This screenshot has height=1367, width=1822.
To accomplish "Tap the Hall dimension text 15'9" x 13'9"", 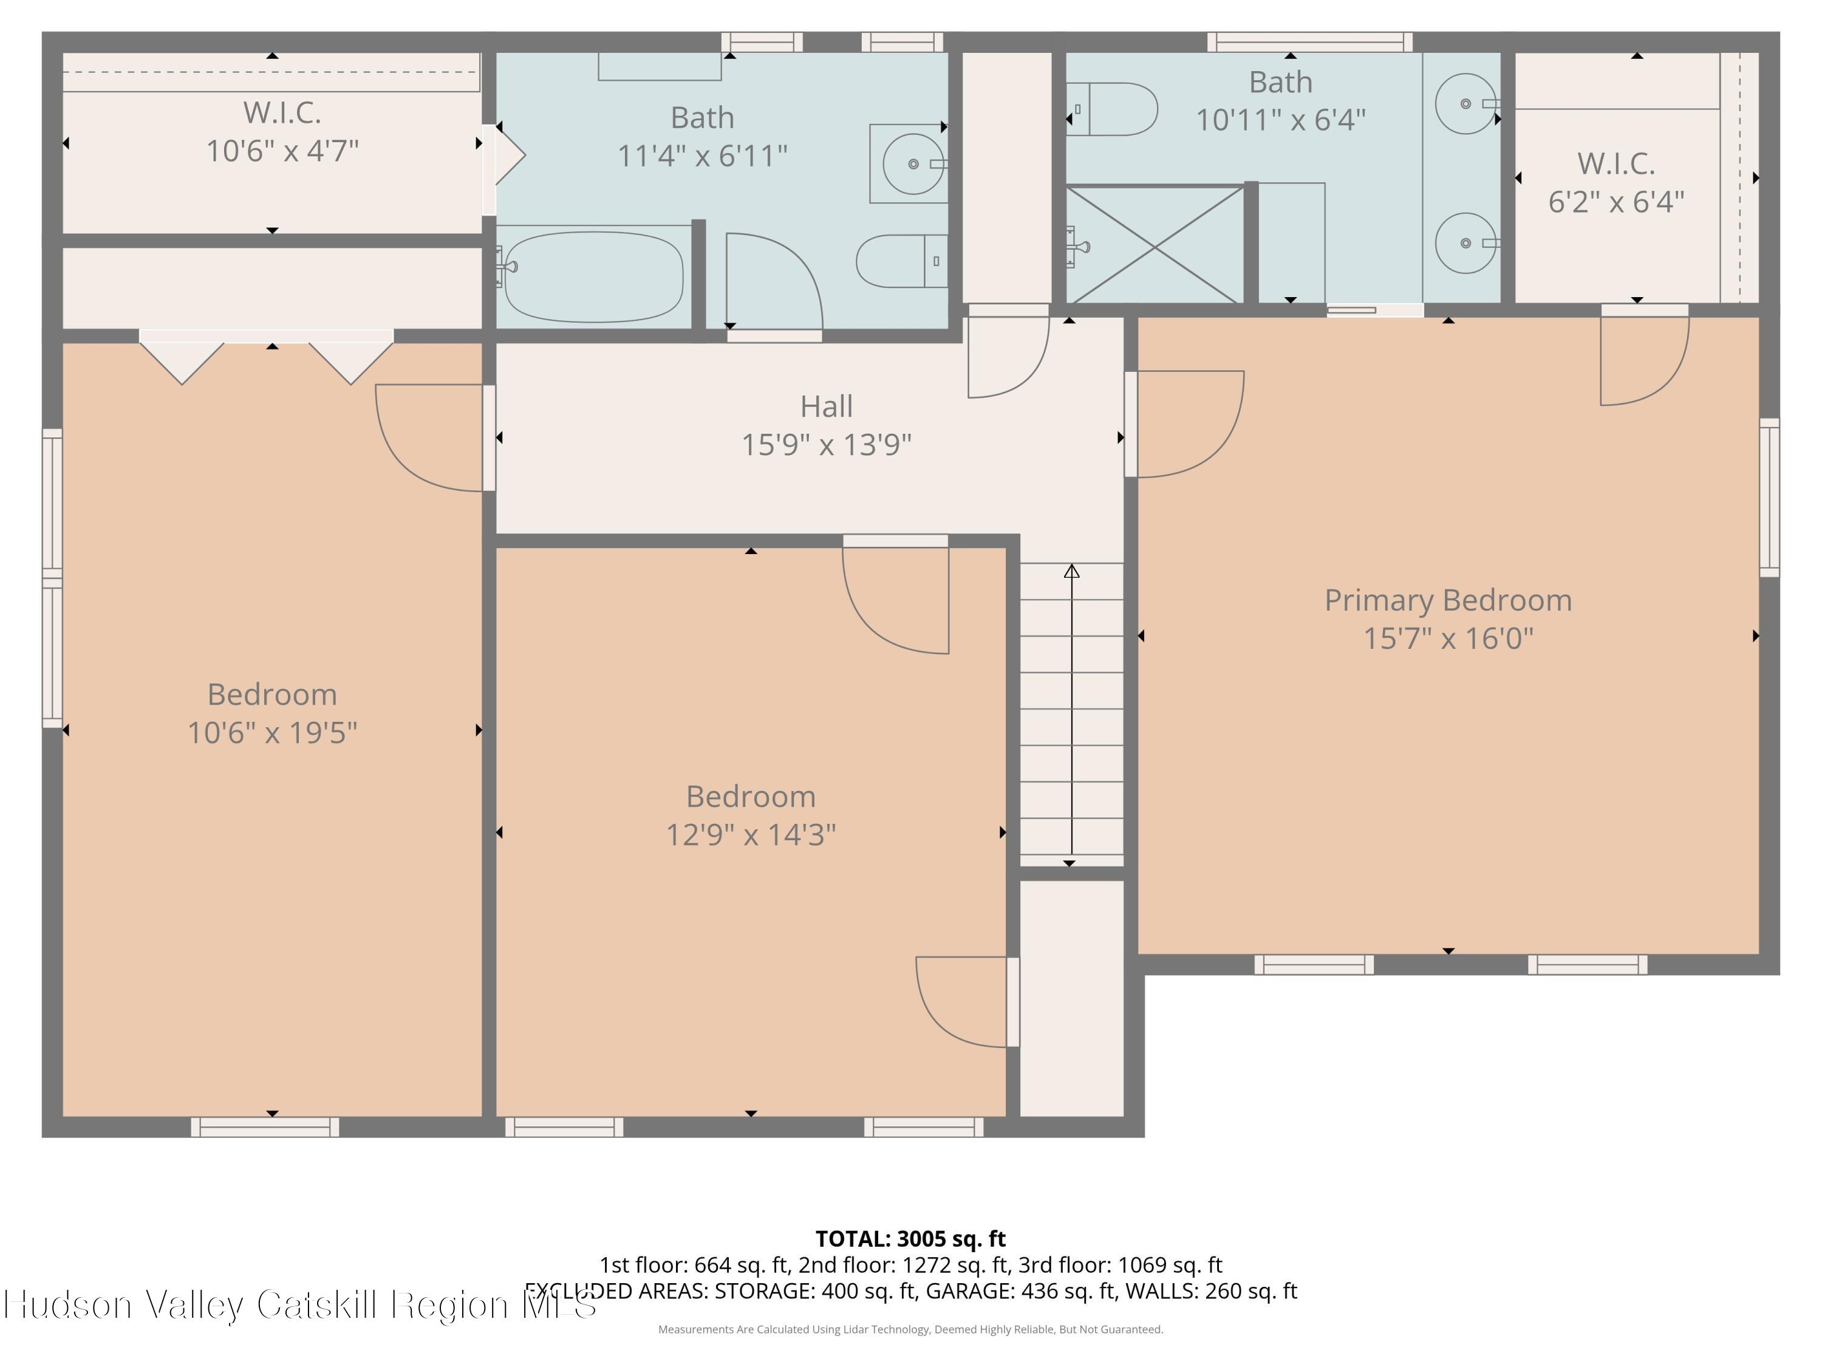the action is pyautogui.click(x=826, y=445).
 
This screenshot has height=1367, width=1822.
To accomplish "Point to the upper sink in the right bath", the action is pyautogui.click(x=1465, y=104).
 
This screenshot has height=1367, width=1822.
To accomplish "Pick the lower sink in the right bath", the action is pyautogui.click(x=1465, y=243).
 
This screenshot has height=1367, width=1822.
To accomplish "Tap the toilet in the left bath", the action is pyautogui.click(x=902, y=261).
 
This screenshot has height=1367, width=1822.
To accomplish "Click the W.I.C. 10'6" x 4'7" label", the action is pyautogui.click(x=282, y=132).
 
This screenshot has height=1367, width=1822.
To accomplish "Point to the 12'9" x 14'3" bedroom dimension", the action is pyautogui.click(x=751, y=835).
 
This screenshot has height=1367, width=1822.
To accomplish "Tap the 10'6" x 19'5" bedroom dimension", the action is pyautogui.click(x=272, y=733).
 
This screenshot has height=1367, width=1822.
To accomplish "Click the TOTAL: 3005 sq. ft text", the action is pyautogui.click(x=910, y=1238).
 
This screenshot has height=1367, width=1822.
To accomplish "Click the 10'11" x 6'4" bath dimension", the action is pyautogui.click(x=1280, y=120).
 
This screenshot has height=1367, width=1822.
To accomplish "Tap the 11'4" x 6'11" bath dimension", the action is pyautogui.click(x=702, y=156).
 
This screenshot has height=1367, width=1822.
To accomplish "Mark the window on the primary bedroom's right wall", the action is pyautogui.click(x=1769, y=497).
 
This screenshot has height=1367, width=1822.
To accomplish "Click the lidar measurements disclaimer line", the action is pyautogui.click(x=910, y=1329).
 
